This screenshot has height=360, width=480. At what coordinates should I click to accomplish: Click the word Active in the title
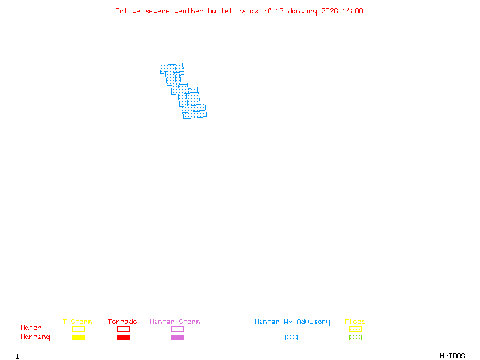pyautogui.click(x=128, y=11)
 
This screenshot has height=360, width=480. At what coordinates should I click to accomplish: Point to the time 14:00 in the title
pyautogui.click(x=352, y=11)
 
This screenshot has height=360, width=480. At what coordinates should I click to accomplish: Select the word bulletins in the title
pyautogui.click(x=226, y=11)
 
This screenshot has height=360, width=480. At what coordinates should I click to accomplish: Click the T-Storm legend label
pyautogui.click(x=77, y=322)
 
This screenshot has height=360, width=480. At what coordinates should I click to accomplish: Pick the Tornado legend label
pyautogui.click(x=122, y=322)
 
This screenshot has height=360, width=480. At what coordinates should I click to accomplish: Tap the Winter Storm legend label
pyautogui.click(x=175, y=322)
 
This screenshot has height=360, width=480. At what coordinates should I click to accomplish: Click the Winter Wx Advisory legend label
pyautogui.click(x=292, y=322)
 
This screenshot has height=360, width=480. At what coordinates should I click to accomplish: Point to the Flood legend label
pyautogui.click(x=355, y=322)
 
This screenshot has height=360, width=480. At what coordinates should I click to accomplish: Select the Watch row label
pyautogui.click(x=31, y=328)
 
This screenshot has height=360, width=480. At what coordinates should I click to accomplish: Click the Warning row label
pyautogui.click(x=35, y=337)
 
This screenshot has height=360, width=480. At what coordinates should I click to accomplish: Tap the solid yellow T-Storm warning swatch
pyautogui.click(x=78, y=338)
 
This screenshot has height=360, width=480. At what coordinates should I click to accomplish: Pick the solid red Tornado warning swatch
pyautogui.click(x=123, y=338)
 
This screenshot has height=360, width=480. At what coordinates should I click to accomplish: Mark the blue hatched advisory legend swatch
pyautogui.click(x=291, y=338)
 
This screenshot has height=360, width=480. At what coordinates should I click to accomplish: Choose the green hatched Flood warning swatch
pyautogui.click(x=355, y=338)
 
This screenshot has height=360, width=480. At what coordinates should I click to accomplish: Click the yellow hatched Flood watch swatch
pyautogui.click(x=355, y=329)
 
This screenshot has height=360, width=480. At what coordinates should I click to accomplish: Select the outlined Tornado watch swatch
pyautogui.click(x=123, y=329)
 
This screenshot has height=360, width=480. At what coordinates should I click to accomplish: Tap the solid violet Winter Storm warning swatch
pyautogui.click(x=177, y=338)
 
